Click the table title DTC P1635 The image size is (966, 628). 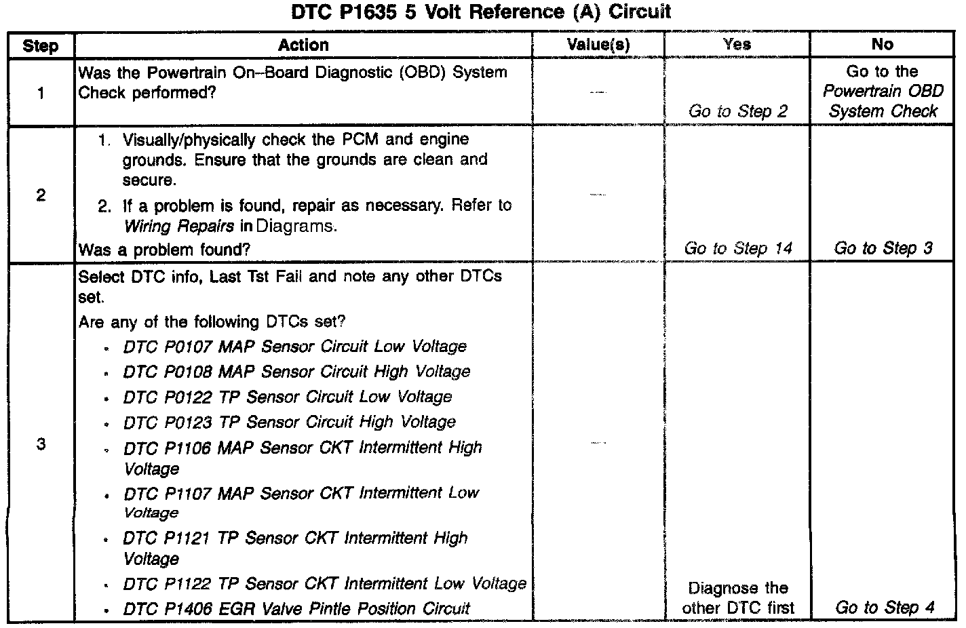click(481, 12)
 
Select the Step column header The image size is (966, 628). click(40, 45)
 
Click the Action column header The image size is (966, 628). click(303, 45)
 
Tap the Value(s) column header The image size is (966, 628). click(598, 45)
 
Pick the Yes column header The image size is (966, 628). click(737, 45)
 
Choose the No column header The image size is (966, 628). click(882, 45)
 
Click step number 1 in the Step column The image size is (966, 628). click(41, 92)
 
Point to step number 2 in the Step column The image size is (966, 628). click(41, 195)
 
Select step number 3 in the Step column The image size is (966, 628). click(41, 444)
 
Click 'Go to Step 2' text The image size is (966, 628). click(737, 111)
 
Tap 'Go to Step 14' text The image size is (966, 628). click(737, 248)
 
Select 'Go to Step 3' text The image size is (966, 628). click(883, 248)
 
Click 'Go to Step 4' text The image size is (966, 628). click(885, 607)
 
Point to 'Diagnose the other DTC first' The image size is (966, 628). click(738, 597)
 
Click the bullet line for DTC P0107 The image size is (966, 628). click(294, 347)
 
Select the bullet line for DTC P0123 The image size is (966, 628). click(289, 422)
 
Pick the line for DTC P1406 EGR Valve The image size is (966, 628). click(296, 608)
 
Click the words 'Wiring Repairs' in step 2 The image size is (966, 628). click(179, 226)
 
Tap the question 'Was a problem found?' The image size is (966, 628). click(164, 250)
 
